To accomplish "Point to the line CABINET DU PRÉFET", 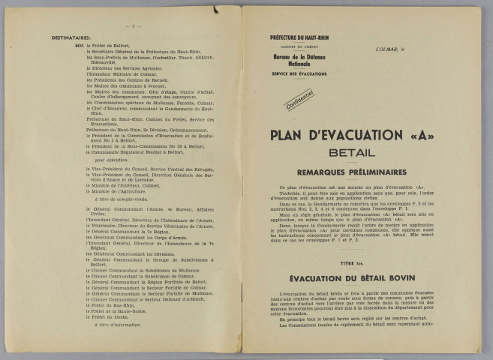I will (297, 46).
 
